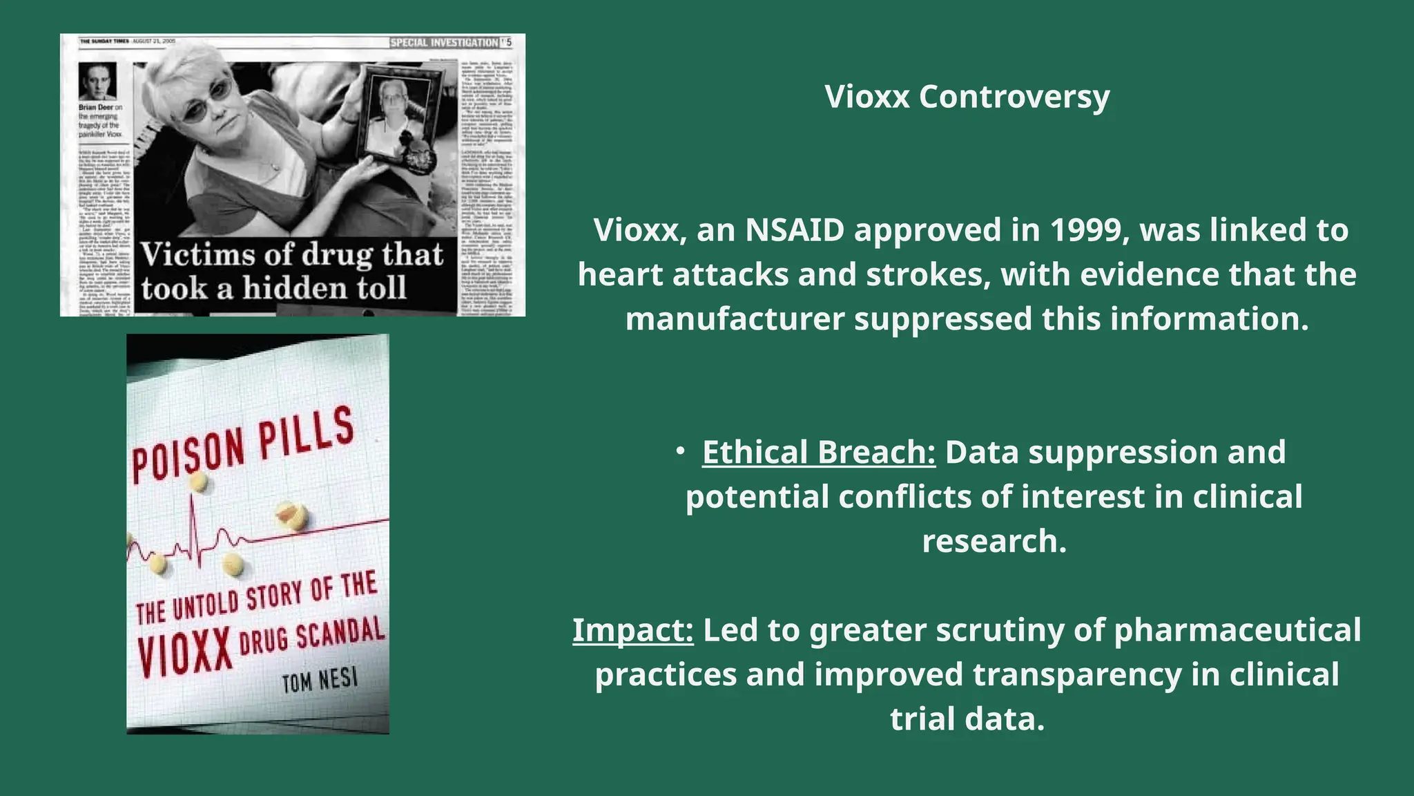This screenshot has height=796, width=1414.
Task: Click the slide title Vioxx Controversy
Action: point(967,97)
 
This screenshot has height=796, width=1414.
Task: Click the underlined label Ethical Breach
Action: point(819,453)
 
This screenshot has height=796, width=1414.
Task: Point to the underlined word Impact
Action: point(632,630)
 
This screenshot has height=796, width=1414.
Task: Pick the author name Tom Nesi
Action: point(320,681)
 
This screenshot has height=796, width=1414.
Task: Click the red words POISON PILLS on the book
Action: point(243,446)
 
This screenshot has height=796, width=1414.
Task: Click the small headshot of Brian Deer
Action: point(97,82)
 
